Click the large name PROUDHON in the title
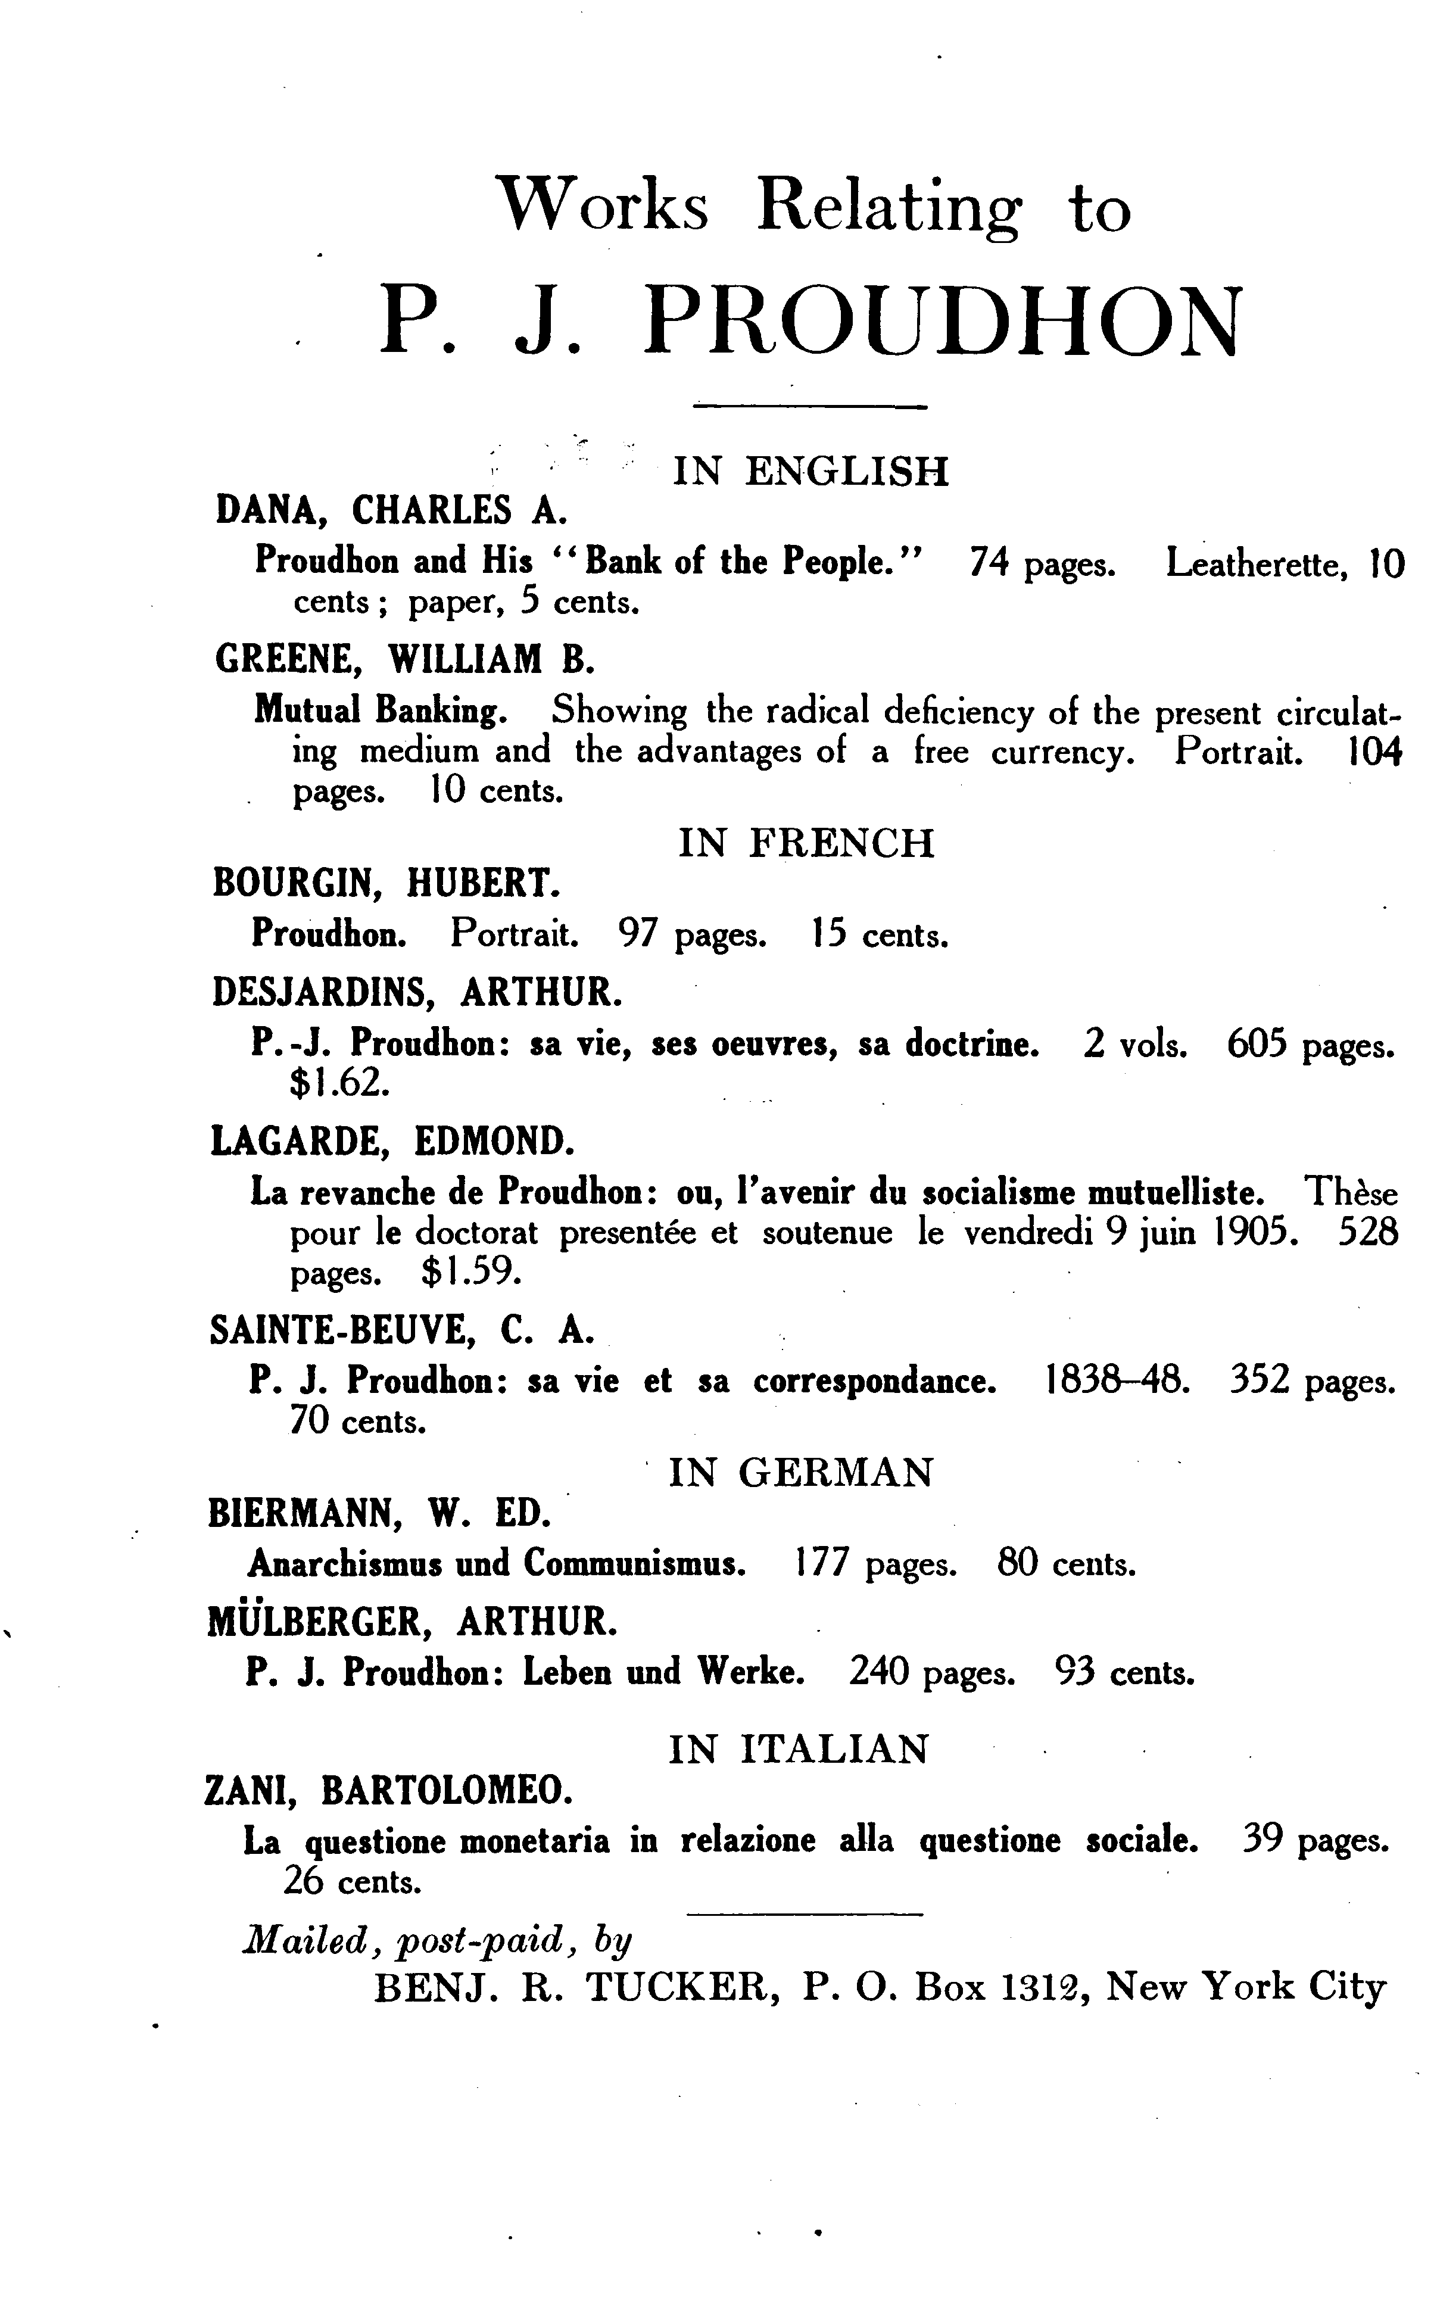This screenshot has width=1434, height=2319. point(941,320)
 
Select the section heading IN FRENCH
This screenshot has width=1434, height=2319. point(806,842)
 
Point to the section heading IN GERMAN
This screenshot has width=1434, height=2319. point(802,1472)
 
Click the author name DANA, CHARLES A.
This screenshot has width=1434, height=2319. point(391,510)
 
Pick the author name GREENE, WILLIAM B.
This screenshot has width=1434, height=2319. point(405,658)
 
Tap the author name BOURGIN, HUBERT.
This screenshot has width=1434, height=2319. point(386,883)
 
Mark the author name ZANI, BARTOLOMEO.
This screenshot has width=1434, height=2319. point(389,1791)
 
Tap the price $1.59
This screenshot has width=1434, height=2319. point(472,1272)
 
